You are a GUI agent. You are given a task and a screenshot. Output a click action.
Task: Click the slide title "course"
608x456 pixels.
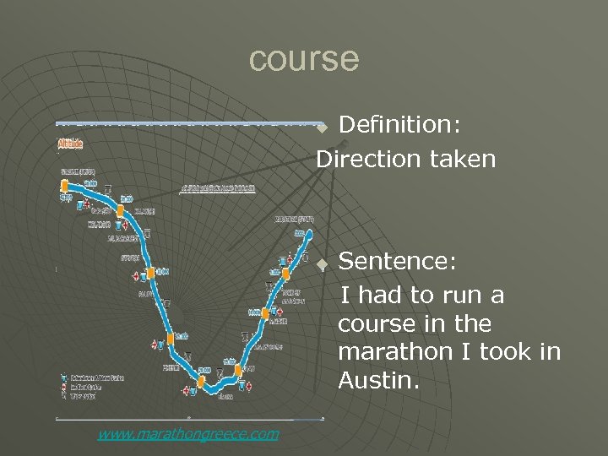(304, 59)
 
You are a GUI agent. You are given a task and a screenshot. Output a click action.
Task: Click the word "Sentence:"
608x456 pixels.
(398, 262)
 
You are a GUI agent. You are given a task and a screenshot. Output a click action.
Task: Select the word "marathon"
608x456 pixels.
(394, 352)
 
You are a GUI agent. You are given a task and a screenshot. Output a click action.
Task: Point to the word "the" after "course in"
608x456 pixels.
(472, 324)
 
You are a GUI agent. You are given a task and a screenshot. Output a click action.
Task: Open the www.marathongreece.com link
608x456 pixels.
(187, 434)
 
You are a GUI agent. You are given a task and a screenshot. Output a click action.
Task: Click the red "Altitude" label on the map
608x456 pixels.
(70, 144)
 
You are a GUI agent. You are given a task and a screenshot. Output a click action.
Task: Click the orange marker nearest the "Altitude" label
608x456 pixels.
(64, 187)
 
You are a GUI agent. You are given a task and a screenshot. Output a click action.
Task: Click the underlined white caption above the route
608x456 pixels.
(218, 187)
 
